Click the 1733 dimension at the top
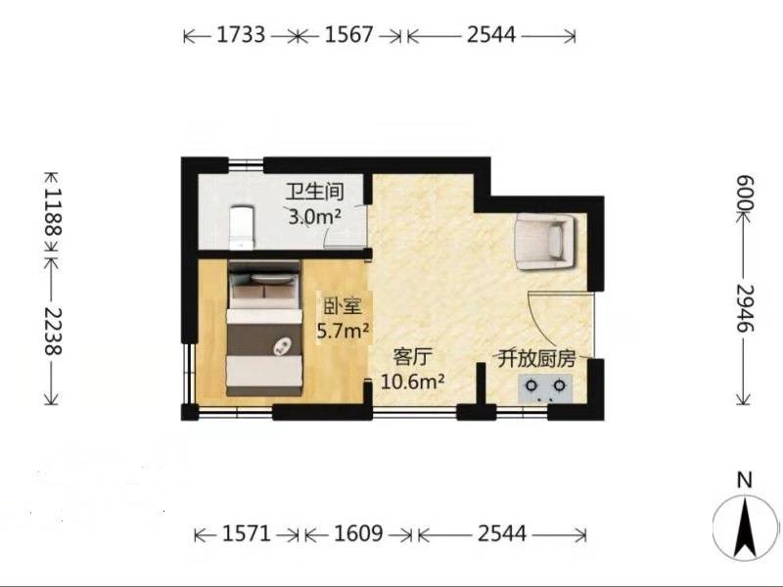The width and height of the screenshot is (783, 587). [x=241, y=35]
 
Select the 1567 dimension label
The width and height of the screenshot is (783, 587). [x=348, y=35]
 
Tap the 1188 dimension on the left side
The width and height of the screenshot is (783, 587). [x=53, y=211]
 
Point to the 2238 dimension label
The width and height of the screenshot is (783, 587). [x=53, y=331]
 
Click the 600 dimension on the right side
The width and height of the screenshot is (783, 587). [x=744, y=193]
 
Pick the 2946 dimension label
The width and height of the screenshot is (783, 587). [x=744, y=308]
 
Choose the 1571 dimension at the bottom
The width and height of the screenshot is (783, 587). [x=247, y=534]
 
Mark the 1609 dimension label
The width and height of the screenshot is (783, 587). [x=358, y=534]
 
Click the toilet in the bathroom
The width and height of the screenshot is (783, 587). [x=242, y=228]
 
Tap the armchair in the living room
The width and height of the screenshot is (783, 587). [x=545, y=242]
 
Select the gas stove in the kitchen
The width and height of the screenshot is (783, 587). [x=545, y=388]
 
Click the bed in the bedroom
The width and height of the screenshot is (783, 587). [x=264, y=328]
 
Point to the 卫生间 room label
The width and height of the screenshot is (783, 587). [x=314, y=193]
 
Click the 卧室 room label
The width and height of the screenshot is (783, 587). [x=342, y=306]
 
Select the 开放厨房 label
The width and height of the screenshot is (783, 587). [x=536, y=359]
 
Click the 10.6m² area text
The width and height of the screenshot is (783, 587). [x=412, y=383]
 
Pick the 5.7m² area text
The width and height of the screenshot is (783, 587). [x=344, y=331]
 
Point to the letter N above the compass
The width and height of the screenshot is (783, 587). [x=745, y=480]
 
